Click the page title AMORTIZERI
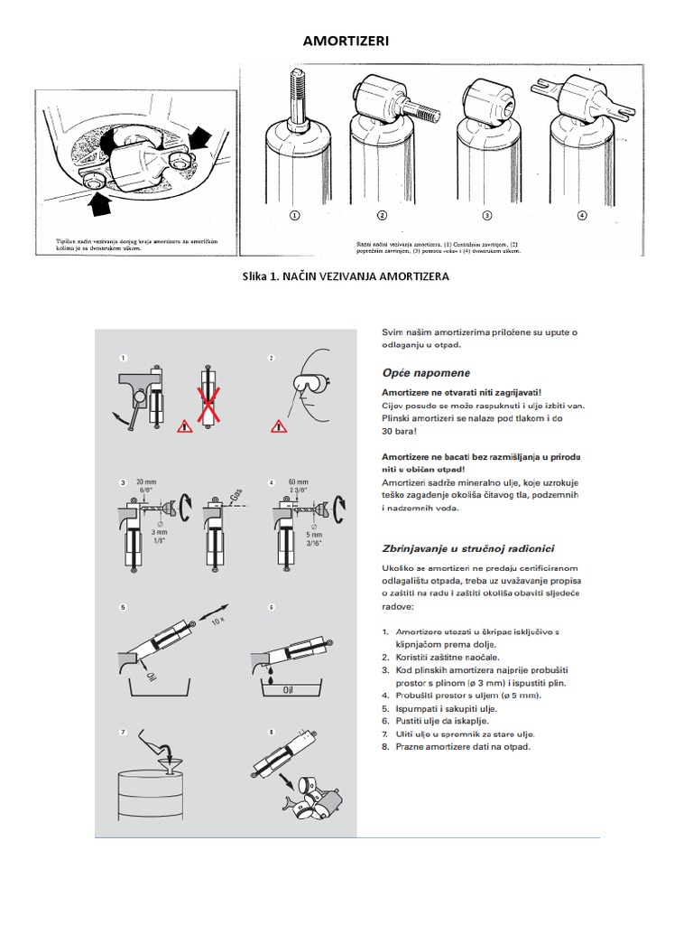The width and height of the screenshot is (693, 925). pos(346,40)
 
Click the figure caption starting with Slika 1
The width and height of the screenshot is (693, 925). pos(346,276)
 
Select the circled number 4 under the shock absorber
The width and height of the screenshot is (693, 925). pos(581,216)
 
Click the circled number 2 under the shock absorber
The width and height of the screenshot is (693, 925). pos(382,216)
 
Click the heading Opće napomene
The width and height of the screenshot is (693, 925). pos(426,373)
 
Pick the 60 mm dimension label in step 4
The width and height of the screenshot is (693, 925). pos(299,483)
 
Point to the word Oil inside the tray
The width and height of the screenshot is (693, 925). pos(290,690)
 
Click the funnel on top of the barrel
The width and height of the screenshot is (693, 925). pos(170,765)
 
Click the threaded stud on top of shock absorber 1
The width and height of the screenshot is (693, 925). pos(294,89)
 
